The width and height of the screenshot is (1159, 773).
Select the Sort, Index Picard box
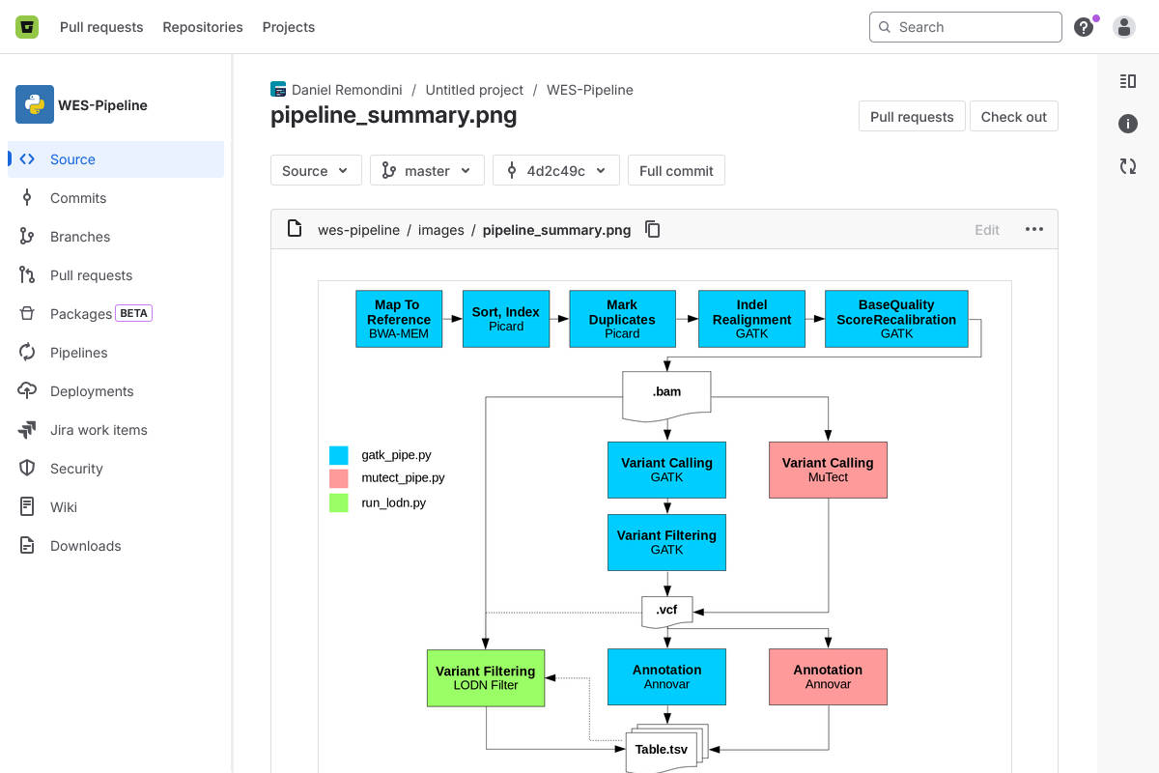[506, 319]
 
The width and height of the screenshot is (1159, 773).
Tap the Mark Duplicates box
[622, 319]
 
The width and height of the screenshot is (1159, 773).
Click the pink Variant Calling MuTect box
[828, 470]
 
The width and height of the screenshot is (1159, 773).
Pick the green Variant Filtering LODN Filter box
[486, 677]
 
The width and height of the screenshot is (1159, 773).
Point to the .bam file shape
[666, 394]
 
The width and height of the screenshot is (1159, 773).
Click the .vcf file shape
[666, 611]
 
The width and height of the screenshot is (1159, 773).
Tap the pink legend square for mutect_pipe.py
[339, 478]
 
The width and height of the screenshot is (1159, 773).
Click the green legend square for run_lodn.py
[339, 502]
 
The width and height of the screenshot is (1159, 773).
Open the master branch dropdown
[427, 170]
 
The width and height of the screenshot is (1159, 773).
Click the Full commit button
[676, 170]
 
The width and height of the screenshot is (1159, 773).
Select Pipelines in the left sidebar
[78, 353]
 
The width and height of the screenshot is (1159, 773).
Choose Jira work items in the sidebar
[99, 430]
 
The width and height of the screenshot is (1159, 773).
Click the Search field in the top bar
[966, 27]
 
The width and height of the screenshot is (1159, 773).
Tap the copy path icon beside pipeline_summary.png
[653, 229]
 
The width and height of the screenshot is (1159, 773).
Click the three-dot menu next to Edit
[1034, 229]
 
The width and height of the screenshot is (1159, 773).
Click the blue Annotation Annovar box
[666, 676]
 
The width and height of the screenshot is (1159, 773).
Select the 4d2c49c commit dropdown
[555, 170]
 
